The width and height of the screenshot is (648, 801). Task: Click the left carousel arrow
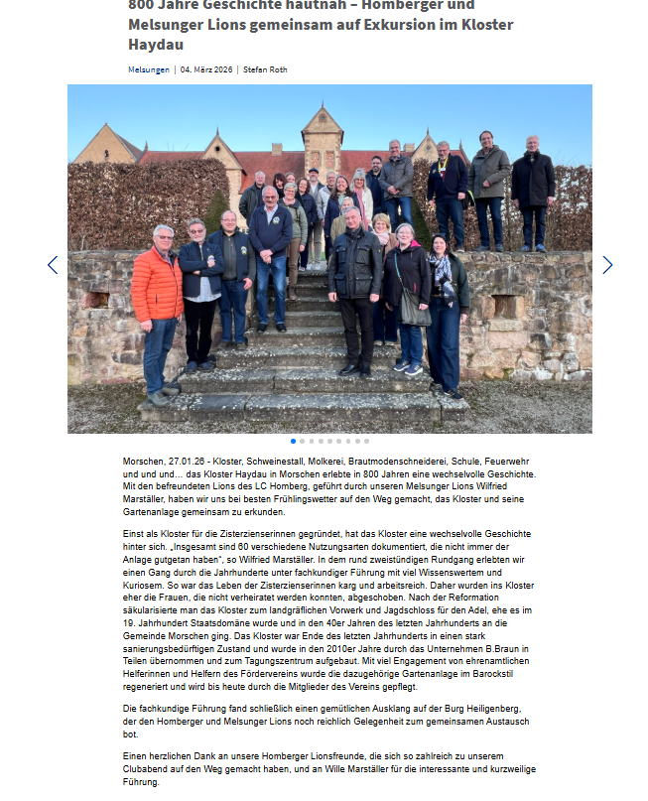53,265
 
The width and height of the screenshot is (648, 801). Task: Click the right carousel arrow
607,265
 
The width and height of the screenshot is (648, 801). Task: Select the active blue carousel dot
294,441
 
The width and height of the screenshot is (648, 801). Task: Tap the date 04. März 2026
205,69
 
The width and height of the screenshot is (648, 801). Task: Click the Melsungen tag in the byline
149,69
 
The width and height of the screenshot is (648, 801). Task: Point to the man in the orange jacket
157,288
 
